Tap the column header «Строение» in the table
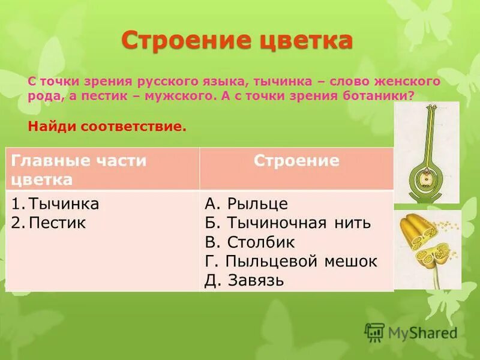[296, 161]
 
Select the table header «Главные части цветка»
[79, 170]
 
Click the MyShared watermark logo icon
[374, 332]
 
